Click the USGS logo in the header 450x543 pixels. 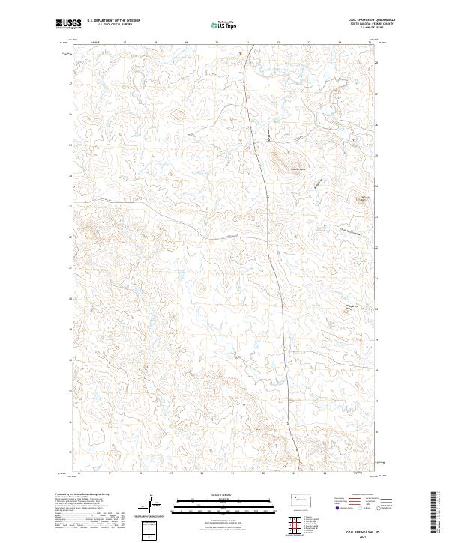click(x=69, y=24)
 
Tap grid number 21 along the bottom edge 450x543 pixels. click(x=232, y=473)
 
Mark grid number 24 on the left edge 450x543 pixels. click(x=70, y=175)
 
